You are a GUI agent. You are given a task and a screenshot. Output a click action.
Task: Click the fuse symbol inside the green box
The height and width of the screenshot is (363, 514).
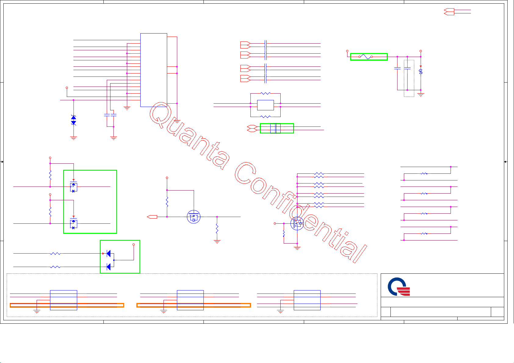[x=365, y=57]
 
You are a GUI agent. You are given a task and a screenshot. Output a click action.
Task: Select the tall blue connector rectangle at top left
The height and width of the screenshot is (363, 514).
[x=153, y=70]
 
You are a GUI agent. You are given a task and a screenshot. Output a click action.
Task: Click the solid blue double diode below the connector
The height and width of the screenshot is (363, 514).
[x=73, y=120]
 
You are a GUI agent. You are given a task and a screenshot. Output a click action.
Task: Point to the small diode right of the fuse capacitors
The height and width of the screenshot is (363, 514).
[x=421, y=71]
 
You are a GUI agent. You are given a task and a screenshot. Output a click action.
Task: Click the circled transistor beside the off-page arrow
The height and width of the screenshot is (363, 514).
[x=193, y=217]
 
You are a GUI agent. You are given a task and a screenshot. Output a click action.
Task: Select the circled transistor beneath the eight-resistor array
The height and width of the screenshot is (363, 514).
[x=297, y=224]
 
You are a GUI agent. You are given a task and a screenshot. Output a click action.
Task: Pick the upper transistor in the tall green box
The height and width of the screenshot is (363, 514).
[x=73, y=187]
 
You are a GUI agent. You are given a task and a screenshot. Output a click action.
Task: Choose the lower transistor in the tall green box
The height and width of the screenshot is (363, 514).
[x=73, y=224]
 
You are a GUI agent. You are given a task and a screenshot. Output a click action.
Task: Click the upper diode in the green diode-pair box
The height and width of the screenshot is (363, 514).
[x=108, y=253]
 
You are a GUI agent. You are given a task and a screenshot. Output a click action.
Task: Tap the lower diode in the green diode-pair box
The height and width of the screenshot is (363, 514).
[x=108, y=267]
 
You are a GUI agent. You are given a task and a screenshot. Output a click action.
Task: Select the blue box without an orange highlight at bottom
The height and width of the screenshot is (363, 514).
[x=307, y=300]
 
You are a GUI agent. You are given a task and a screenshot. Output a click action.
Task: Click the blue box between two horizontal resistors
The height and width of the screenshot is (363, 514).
[x=265, y=105]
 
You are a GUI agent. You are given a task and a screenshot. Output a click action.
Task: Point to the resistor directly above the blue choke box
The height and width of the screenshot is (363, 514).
[x=266, y=94]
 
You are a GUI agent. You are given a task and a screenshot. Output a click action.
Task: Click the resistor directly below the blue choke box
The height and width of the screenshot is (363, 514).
[x=266, y=117]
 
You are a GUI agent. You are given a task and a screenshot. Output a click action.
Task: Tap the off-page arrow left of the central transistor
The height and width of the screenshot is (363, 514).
[x=152, y=217]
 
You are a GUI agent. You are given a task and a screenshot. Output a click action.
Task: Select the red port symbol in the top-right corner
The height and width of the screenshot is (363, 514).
[x=449, y=12]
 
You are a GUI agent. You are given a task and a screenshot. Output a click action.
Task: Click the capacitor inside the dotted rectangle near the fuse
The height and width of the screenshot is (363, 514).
[x=407, y=69]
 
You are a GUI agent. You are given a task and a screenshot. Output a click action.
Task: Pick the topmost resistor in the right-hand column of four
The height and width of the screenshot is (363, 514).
[x=424, y=174]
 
